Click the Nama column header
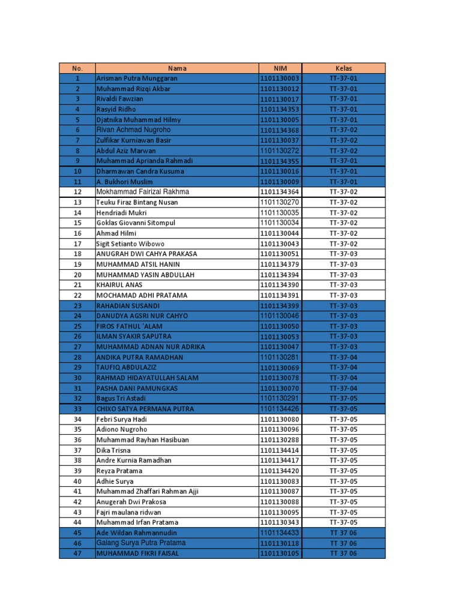pyautogui.click(x=177, y=68)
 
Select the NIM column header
pyautogui.click(x=280, y=68)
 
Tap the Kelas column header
pyautogui.click(x=343, y=68)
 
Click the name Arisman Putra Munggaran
pyautogui.click(x=137, y=79)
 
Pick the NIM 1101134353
pyautogui.click(x=280, y=110)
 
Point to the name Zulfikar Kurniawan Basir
pyautogui.click(x=134, y=140)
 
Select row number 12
pyautogui.click(x=77, y=192)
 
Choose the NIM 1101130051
pyautogui.click(x=280, y=254)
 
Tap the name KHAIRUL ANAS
pyautogui.click(x=119, y=285)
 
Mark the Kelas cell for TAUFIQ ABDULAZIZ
pyautogui.click(x=343, y=368)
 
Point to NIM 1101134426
pyautogui.click(x=280, y=409)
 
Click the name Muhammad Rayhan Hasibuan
pyautogui.click(x=143, y=440)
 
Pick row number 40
pyautogui.click(x=77, y=481)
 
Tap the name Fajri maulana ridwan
pyautogui.click(x=129, y=513)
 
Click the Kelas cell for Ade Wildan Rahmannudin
pyautogui.click(x=343, y=533)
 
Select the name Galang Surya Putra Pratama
pyautogui.click(x=141, y=543)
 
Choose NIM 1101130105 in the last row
pyautogui.click(x=280, y=553)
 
